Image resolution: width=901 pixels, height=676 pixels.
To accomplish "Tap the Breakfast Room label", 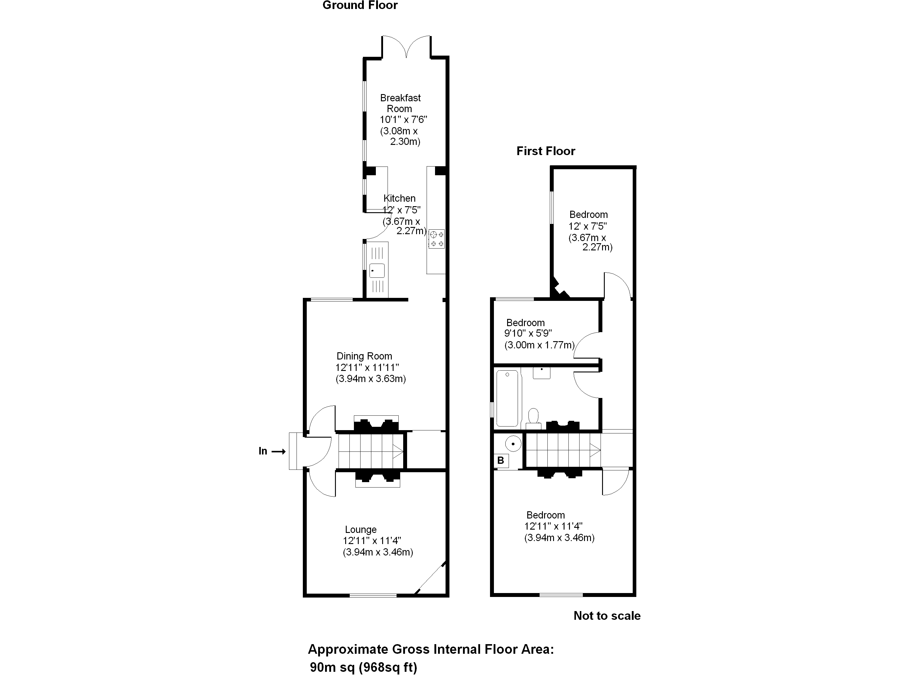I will [x=400, y=103].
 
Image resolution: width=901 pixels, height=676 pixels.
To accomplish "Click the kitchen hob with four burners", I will [x=436, y=239].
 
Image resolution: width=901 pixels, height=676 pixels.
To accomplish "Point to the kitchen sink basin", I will [x=377, y=271].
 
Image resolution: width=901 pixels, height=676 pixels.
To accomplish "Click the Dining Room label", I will [x=364, y=356].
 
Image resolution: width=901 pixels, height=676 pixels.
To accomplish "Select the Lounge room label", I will [x=361, y=530].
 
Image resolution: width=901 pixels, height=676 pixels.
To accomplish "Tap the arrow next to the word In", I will [x=279, y=451].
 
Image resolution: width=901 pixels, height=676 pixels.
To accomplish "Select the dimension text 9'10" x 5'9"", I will [x=528, y=333].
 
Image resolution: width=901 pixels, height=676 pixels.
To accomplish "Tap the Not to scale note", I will [x=607, y=616].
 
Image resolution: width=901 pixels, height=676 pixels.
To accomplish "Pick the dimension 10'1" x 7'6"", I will [x=403, y=120].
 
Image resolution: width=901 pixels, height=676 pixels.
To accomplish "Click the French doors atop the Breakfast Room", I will [x=406, y=48].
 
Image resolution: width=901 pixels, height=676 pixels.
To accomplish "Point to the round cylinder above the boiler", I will [x=513, y=444].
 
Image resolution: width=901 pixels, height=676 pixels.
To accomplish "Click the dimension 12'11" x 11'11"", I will [x=367, y=368].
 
